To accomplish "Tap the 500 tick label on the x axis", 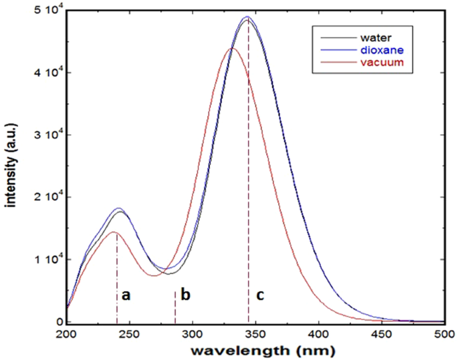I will point(443,333).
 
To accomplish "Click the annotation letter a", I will point(125,294).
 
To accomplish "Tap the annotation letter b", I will point(185,294).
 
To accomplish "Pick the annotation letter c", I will point(260,294).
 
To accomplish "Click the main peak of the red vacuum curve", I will point(232,48).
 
